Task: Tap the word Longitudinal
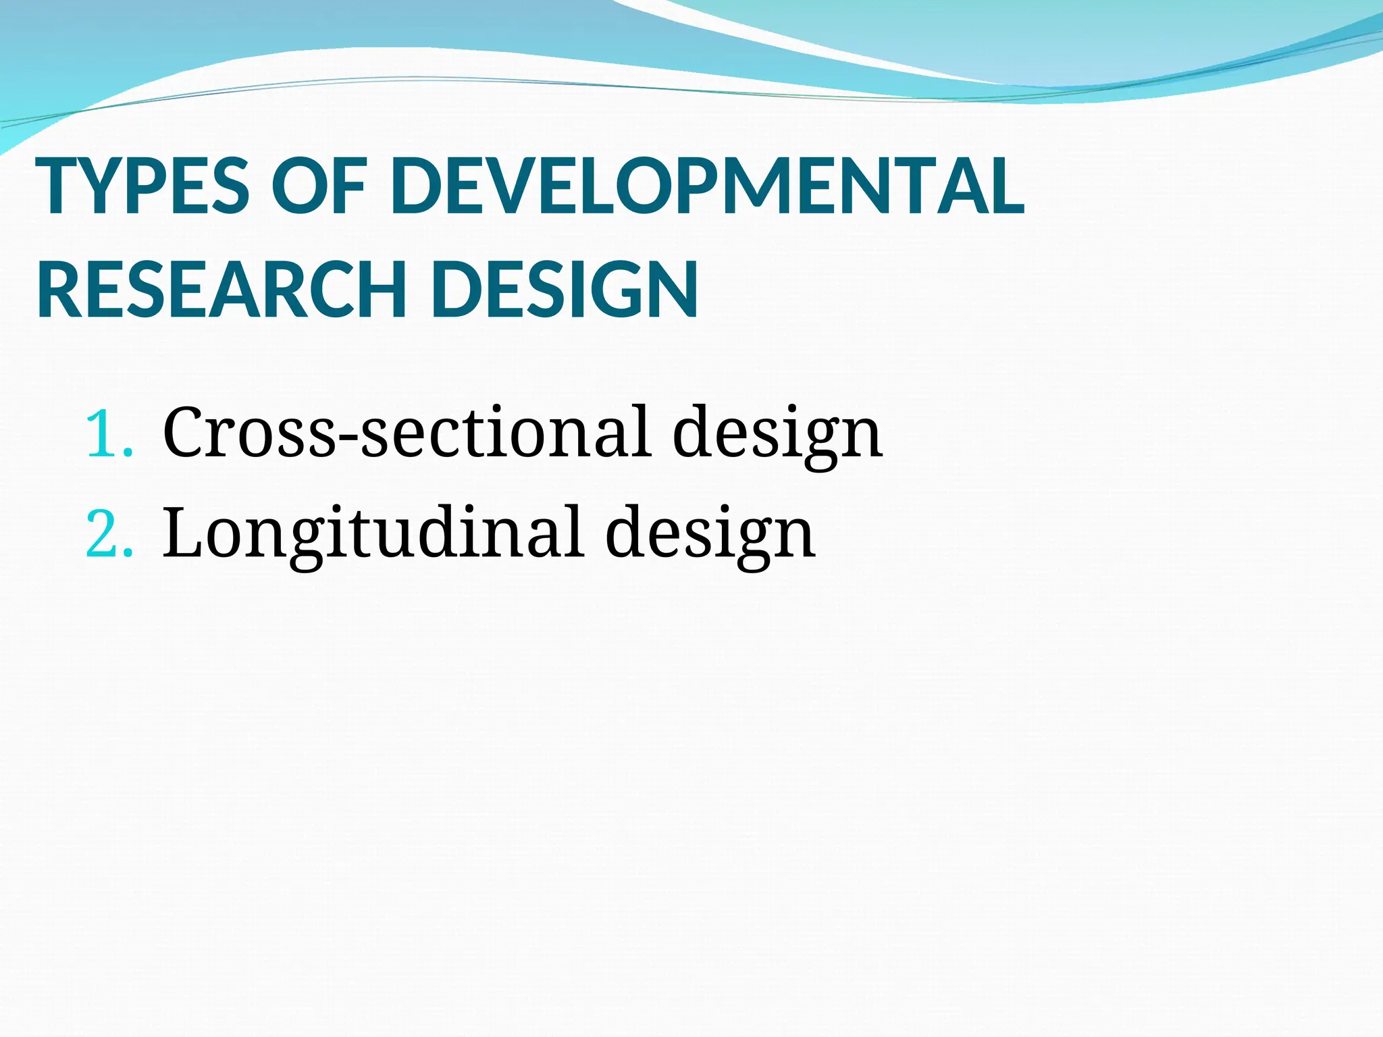click(372, 533)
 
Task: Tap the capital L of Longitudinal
click(183, 533)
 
